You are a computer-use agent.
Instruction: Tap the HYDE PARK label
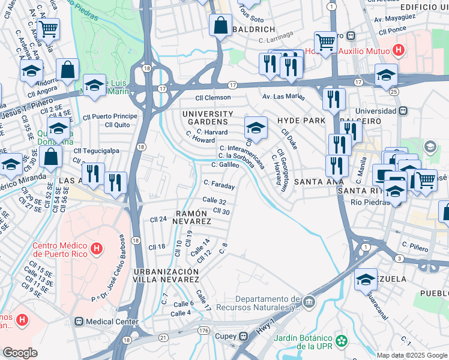click(296, 121)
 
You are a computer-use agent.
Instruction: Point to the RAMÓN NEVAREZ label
click(193, 217)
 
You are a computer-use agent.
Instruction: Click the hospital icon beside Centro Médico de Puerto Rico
click(95, 248)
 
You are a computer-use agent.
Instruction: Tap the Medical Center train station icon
click(77, 322)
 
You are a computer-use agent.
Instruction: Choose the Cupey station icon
click(244, 336)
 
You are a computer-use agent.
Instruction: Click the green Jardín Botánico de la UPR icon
click(342, 341)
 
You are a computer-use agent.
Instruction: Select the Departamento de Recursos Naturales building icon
click(309, 301)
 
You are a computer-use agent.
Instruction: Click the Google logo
click(20, 353)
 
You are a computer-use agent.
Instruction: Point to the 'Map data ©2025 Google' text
click(411, 355)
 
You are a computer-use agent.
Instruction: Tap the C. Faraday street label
click(219, 184)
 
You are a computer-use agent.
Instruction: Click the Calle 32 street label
click(214, 201)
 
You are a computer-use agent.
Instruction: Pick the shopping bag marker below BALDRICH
click(220, 26)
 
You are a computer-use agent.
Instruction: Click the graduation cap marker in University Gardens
click(256, 128)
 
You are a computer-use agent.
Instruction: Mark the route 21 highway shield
click(163, 338)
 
